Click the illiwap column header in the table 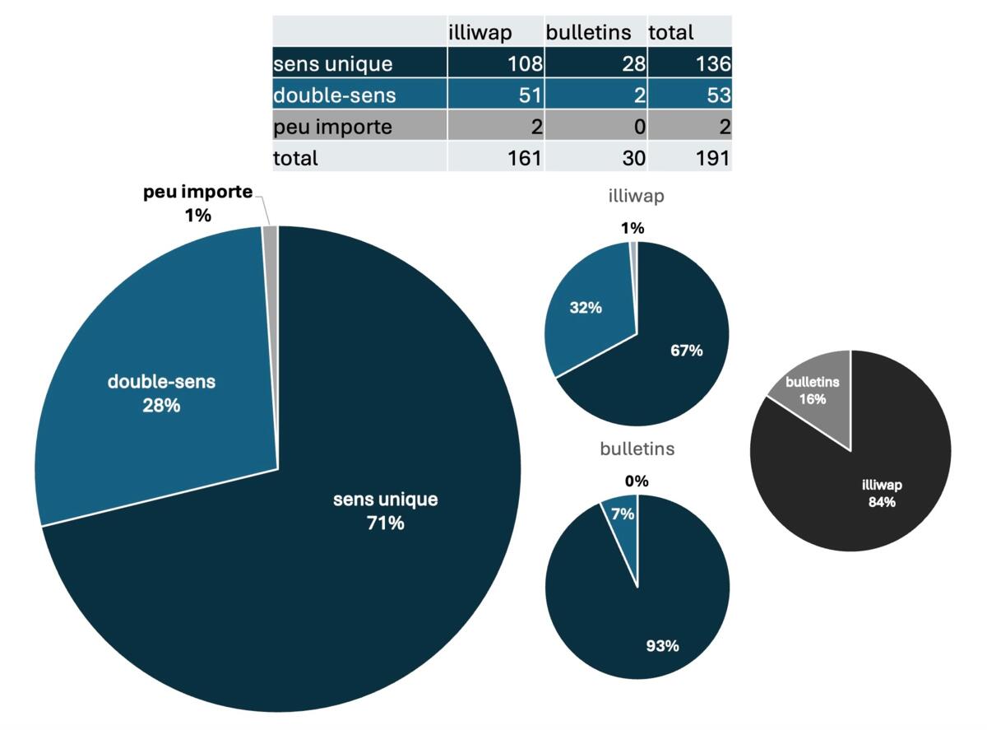(480, 33)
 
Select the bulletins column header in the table (588, 33)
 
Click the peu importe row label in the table (332, 128)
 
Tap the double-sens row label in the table (334, 95)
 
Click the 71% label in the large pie (386, 523)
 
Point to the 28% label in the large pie (161, 406)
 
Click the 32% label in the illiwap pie (586, 308)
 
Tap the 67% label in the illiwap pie (687, 351)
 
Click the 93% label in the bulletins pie (663, 646)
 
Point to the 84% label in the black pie (882, 502)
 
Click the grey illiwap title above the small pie (637, 196)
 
